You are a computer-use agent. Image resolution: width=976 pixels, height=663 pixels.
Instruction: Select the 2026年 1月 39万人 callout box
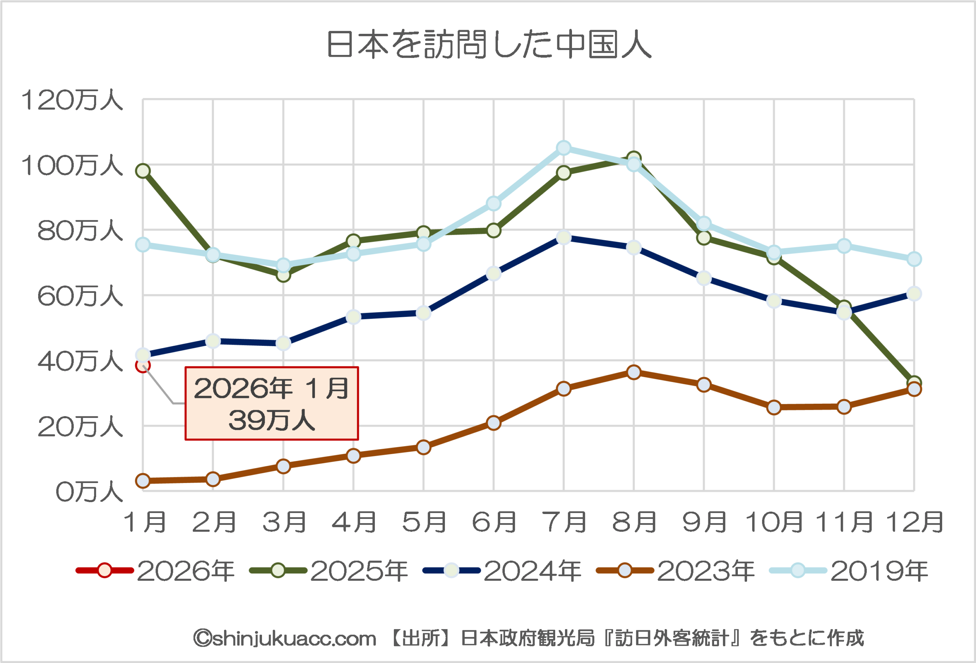click(x=271, y=403)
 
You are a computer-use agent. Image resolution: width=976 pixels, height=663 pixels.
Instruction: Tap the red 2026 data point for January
click(x=143, y=365)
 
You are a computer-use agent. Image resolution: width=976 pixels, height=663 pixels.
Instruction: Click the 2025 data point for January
click(x=143, y=171)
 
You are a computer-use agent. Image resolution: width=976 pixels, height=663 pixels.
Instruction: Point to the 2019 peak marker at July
click(x=563, y=148)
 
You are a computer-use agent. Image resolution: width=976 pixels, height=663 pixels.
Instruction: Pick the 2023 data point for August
click(x=634, y=372)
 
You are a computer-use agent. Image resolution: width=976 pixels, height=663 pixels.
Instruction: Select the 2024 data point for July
click(x=563, y=237)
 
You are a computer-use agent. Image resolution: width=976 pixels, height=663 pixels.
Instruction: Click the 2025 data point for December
click(x=914, y=382)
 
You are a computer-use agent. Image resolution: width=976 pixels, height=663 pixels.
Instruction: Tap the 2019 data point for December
click(x=914, y=259)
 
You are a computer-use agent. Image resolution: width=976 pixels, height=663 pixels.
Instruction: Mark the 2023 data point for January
click(x=143, y=480)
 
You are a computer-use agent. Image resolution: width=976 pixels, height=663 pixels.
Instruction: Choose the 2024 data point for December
click(x=914, y=294)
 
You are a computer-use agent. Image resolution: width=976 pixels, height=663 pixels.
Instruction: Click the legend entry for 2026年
click(x=156, y=571)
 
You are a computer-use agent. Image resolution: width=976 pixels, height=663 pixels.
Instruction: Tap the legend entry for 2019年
click(x=849, y=571)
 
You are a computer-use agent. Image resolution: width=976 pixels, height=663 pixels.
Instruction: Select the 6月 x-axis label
click(x=494, y=522)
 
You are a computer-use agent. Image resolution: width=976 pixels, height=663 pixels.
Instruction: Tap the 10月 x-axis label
click(x=774, y=522)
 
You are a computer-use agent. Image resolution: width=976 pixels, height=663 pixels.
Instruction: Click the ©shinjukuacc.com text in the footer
click(x=284, y=638)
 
